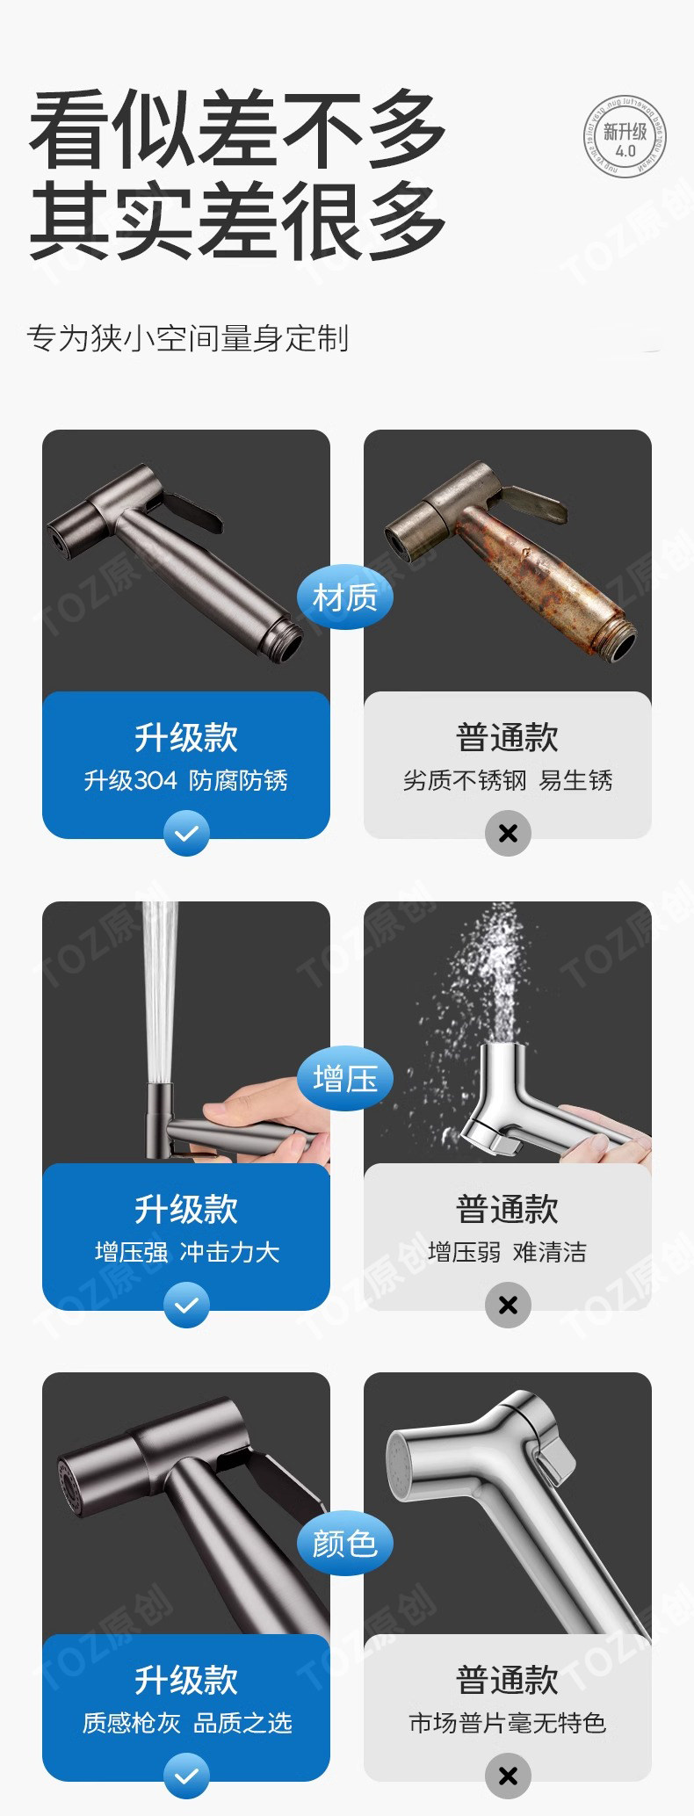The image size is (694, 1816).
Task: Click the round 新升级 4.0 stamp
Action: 625,138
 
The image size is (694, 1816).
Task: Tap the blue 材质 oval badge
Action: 344,597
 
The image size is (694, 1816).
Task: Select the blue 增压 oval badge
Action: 344,1078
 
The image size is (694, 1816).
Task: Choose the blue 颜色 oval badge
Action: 344,1543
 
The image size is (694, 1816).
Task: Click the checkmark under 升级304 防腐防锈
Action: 186,833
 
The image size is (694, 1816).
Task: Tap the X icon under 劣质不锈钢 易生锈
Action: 508,833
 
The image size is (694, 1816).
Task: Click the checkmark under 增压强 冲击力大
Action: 186,1305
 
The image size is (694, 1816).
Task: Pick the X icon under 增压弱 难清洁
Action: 508,1305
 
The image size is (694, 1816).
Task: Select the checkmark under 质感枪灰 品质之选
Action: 186,1776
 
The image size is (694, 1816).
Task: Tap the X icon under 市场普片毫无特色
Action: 508,1776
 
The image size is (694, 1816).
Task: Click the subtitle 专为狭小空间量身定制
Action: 188,338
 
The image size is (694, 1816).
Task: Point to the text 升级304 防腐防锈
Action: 186,780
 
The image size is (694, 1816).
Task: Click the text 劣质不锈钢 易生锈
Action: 508,780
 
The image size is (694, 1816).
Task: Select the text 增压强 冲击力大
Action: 186,1252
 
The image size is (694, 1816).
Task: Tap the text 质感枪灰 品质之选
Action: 186,1723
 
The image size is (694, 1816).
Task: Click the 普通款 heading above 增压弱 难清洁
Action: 508,1210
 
